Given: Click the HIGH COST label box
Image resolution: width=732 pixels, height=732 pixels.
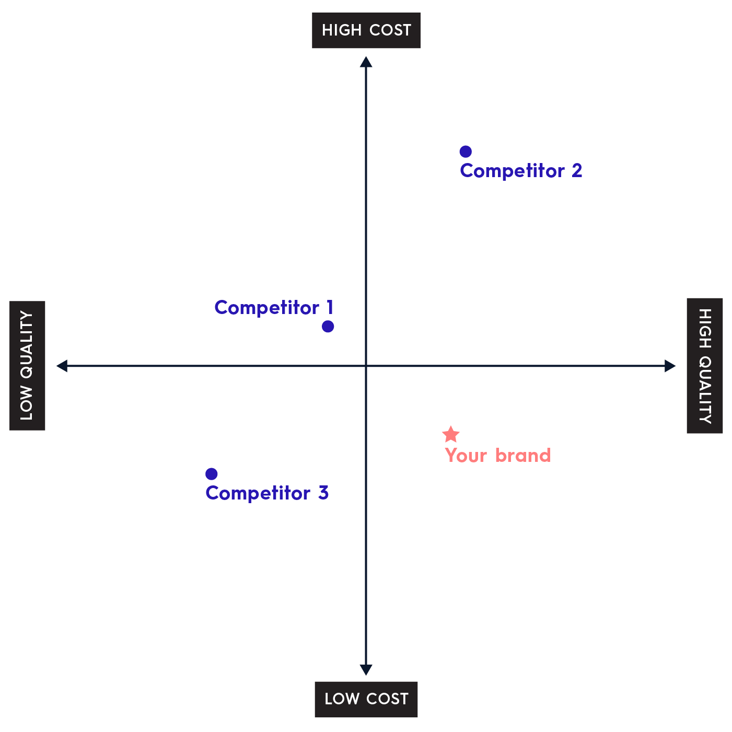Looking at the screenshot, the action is [366, 30].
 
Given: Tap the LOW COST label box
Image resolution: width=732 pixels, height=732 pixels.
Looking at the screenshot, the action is [366, 699].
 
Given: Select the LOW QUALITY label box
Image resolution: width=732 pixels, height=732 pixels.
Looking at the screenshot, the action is [27, 365].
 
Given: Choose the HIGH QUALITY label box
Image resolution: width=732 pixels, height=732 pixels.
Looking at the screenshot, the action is [705, 365].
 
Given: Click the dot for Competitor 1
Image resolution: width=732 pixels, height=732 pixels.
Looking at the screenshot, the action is [328, 327].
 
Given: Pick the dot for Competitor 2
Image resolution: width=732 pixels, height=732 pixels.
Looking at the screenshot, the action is [466, 152].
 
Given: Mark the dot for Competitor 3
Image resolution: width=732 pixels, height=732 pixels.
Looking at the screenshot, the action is [211, 474].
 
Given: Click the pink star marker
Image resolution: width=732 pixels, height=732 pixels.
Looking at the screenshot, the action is [451, 435].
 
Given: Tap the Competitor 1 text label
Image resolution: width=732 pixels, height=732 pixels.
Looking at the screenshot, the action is [274, 308].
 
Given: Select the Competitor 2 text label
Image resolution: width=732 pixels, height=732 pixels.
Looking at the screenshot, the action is [521, 171].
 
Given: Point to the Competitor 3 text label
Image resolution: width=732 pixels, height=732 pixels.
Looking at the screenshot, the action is [267, 493].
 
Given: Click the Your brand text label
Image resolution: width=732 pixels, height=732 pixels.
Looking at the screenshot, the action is [497, 455].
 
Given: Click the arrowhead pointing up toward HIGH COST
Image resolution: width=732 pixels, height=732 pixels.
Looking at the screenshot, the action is [366, 62].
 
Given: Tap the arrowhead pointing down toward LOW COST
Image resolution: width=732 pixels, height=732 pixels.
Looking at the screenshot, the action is [366, 670].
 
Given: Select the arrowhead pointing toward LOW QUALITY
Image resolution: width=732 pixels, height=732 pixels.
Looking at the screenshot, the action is [62, 366].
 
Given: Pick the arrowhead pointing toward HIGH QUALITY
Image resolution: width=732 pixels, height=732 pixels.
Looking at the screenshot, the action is [670, 366].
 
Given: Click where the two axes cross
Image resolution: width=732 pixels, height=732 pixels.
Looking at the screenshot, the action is [366, 366].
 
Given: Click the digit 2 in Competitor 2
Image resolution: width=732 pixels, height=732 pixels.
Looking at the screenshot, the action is [577, 170].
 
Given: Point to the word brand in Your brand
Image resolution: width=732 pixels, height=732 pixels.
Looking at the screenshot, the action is [523, 455].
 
